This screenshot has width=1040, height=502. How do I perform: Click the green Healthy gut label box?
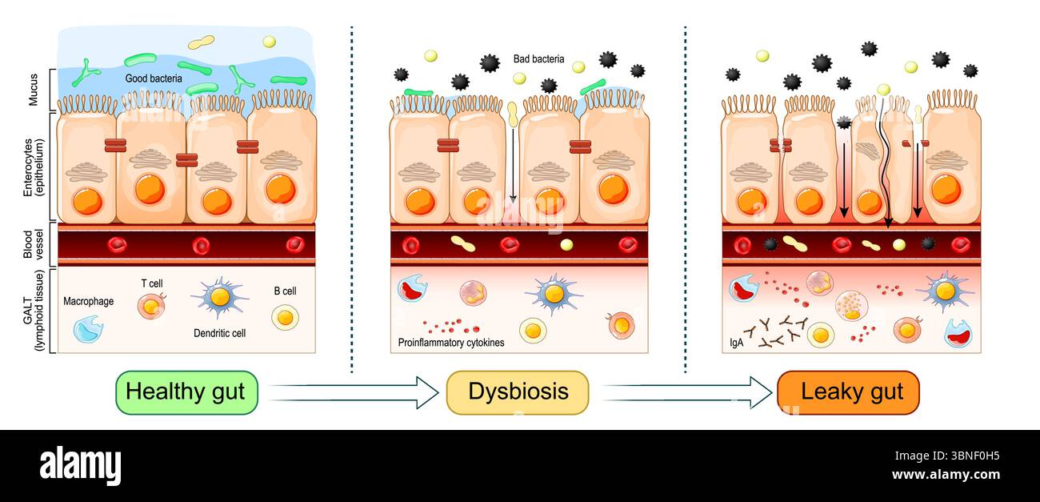point(186,392)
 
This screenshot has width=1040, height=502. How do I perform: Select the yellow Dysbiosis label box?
point(518,392)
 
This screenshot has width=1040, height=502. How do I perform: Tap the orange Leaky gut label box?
point(848,392)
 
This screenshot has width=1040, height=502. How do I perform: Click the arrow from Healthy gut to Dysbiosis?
point(355,392)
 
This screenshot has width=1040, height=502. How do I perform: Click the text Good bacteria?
point(154,79)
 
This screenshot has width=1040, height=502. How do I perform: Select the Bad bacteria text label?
point(538,59)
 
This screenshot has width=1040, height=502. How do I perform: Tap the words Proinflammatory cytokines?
point(451,343)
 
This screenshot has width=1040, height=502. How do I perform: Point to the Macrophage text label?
point(88,302)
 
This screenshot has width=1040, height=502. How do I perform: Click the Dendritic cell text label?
point(219,332)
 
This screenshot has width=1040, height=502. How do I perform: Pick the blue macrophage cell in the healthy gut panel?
point(87,329)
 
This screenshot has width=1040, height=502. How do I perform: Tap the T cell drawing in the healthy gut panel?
point(150,307)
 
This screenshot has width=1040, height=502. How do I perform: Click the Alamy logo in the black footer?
point(80,465)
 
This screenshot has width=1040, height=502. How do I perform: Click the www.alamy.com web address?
point(945,475)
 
